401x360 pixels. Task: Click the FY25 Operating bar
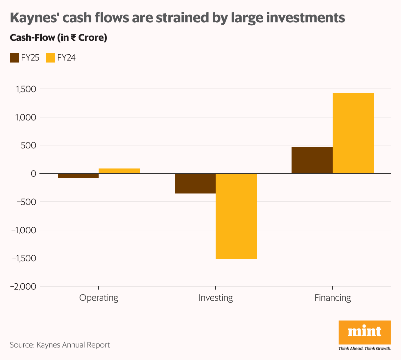tap(78, 176)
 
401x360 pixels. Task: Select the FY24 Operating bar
tap(119, 171)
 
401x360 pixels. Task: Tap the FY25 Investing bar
tap(195, 183)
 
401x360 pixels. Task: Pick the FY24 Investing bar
tap(236, 216)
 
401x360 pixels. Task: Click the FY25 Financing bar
tap(312, 160)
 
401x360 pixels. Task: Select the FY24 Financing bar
tap(353, 133)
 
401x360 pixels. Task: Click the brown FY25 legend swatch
tap(14, 58)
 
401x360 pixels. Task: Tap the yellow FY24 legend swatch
tap(51, 58)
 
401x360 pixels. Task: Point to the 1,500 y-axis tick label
tap(25, 89)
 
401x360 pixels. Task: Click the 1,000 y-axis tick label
tap(25, 117)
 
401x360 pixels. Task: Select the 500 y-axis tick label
tap(28, 145)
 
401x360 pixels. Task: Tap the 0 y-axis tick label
tap(33, 174)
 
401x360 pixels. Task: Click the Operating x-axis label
tap(99, 298)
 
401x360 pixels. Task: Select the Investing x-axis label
tap(216, 298)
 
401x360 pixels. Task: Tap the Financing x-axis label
tap(333, 298)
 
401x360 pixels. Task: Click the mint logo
tap(365, 332)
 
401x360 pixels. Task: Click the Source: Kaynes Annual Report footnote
tap(60, 345)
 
